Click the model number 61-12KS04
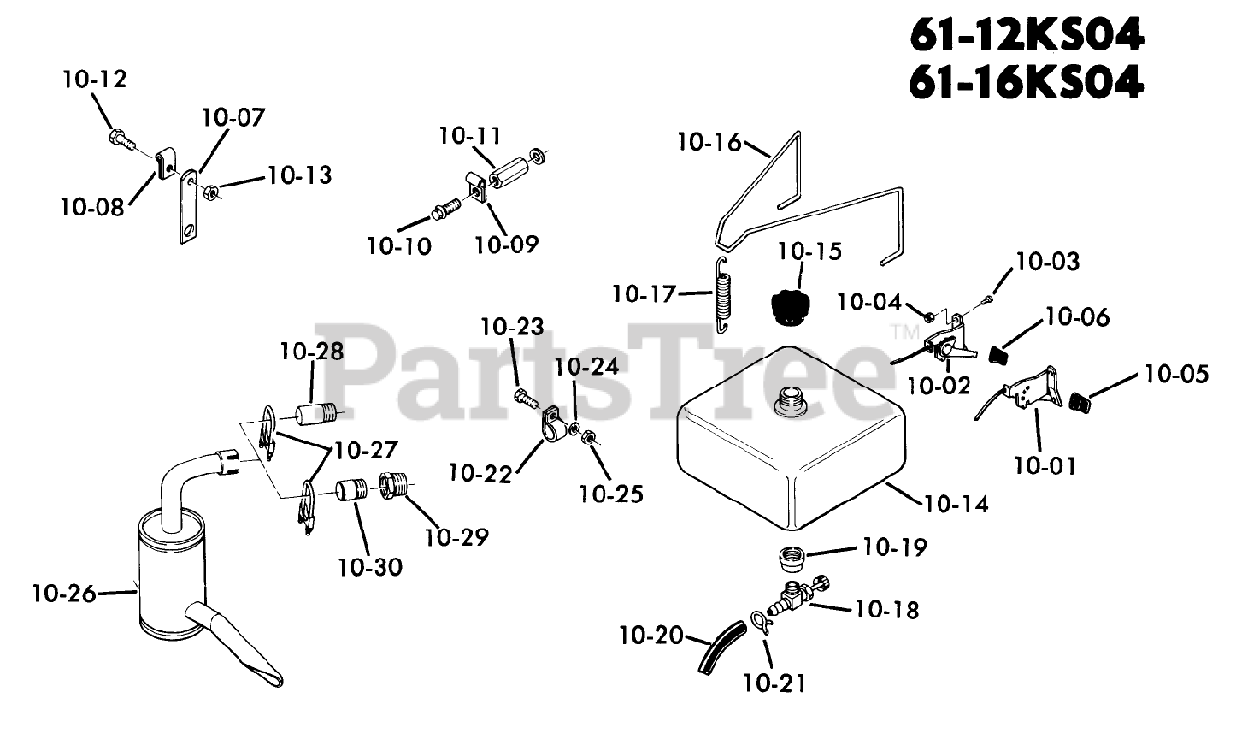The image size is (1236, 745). click(x=1026, y=37)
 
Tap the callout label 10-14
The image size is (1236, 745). click(x=956, y=503)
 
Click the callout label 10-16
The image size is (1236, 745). click(x=709, y=143)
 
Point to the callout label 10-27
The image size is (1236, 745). click(x=366, y=450)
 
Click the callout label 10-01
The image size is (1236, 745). click(x=1044, y=466)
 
